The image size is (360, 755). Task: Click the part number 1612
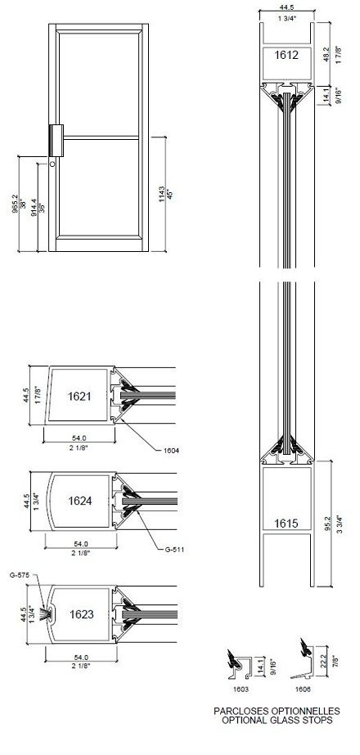286,56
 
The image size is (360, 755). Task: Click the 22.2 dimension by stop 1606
326,660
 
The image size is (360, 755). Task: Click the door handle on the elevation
56,139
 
